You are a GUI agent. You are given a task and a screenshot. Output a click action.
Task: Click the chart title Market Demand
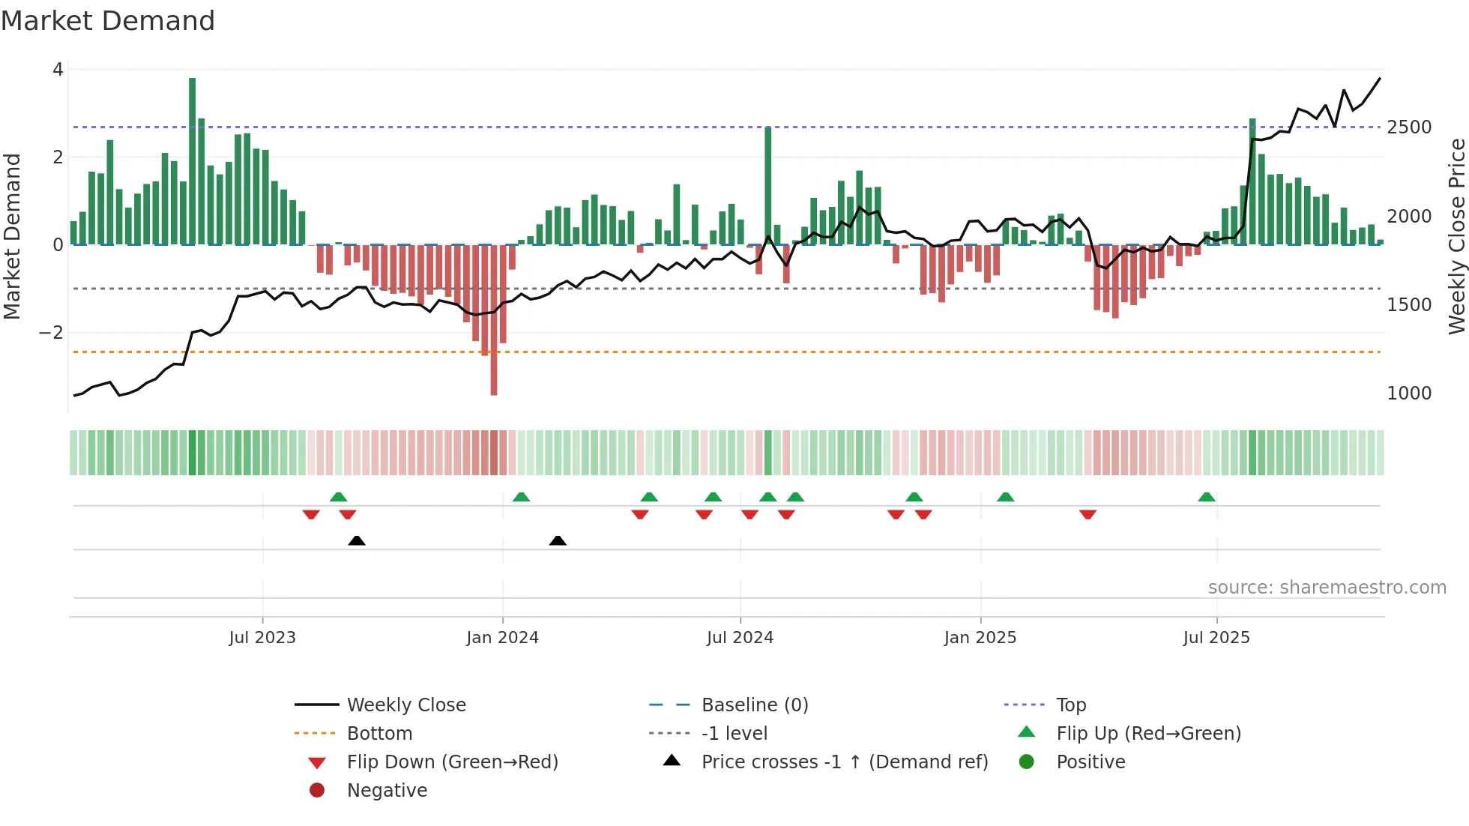pyautogui.click(x=108, y=21)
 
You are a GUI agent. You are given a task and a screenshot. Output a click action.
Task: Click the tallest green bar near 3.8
pyautogui.click(x=193, y=161)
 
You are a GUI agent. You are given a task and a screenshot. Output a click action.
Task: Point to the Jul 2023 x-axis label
pyautogui.click(x=262, y=638)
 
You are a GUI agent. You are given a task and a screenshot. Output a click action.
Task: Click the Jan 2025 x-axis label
pyautogui.click(x=980, y=638)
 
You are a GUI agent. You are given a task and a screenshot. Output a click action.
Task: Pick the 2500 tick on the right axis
pyautogui.click(x=1409, y=127)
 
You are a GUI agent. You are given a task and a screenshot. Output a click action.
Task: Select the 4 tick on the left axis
pyautogui.click(x=58, y=70)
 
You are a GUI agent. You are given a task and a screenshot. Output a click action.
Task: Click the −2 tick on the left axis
pyautogui.click(x=52, y=333)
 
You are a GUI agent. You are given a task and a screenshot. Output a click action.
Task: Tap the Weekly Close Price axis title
pyautogui.click(x=1456, y=236)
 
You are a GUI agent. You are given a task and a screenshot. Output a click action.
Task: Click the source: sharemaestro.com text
pyautogui.click(x=1327, y=588)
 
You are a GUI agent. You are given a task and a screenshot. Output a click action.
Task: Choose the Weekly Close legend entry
pyautogui.click(x=406, y=705)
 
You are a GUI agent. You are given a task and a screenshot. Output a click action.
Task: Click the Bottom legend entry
pyautogui.click(x=379, y=734)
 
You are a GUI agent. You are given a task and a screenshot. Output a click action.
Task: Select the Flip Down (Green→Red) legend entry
pyautogui.click(x=452, y=762)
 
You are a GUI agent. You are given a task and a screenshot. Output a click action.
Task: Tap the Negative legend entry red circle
pyautogui.click(x=317, y=791)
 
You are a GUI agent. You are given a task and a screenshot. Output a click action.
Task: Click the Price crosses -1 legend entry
pyautogui.click(x=845, y=762)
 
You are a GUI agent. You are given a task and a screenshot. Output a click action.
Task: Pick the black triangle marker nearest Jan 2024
pyautogui.click(x=558, y=540)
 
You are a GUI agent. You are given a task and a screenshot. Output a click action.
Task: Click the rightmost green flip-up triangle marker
pyautogui.click(x=1207, y=497)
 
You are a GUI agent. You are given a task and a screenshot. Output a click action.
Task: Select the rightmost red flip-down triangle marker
pyautogui.click(x=1088, y=514)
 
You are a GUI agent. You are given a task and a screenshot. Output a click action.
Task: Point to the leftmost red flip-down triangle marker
pyautogui.click(x=311, y=514)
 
